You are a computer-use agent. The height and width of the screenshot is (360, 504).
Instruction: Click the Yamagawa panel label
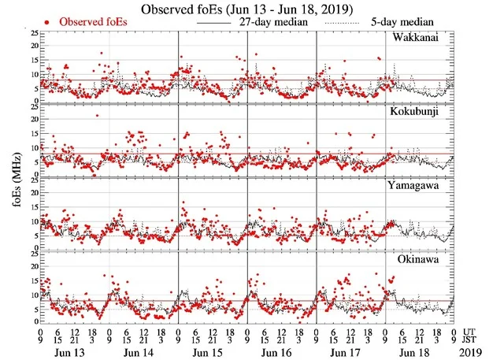[417, 184]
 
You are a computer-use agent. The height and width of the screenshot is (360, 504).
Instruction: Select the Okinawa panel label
[422, 258]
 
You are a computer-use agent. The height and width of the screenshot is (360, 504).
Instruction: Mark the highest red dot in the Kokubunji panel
[98, 116]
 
